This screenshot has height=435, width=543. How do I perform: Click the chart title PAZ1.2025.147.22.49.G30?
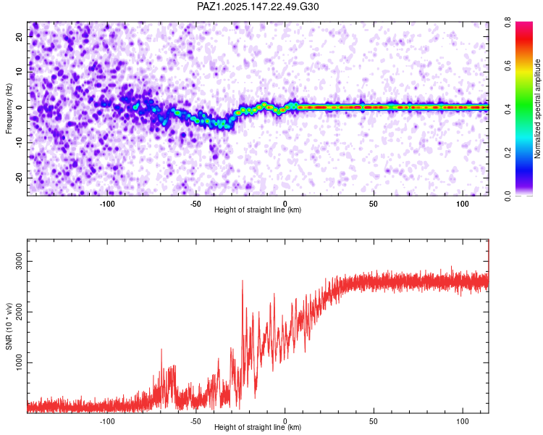(258, 7)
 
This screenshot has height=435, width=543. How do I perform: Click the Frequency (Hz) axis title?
(9, 109)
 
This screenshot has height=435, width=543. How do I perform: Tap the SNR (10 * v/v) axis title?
(9, 326)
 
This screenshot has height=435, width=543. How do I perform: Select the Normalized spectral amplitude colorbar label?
(537, 109)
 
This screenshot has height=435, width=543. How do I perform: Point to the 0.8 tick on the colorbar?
(508, 22)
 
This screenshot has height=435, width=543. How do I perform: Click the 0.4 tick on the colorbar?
(508, 109)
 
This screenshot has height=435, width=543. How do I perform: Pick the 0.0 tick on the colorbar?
(508, 196)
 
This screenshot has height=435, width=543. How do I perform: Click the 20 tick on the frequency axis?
(19, 37)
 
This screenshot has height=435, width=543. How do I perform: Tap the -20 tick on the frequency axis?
(19, 178)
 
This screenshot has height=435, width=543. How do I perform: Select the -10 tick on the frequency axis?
(19, 143)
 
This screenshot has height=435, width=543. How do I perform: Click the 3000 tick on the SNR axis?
(19, 261)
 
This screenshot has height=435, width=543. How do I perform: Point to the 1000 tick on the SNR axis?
(19, 362)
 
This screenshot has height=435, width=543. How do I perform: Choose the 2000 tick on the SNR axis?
(19, 312)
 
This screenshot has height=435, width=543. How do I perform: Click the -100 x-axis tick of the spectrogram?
(107, 204)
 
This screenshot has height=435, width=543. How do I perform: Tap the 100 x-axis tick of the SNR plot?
(463, 421)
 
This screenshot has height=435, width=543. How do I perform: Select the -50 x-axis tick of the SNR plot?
(195, 421)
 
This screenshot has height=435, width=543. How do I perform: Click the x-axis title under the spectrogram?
(258, 210)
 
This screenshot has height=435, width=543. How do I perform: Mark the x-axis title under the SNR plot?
(258, 427)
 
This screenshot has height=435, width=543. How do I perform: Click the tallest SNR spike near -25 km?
(243, 281)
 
